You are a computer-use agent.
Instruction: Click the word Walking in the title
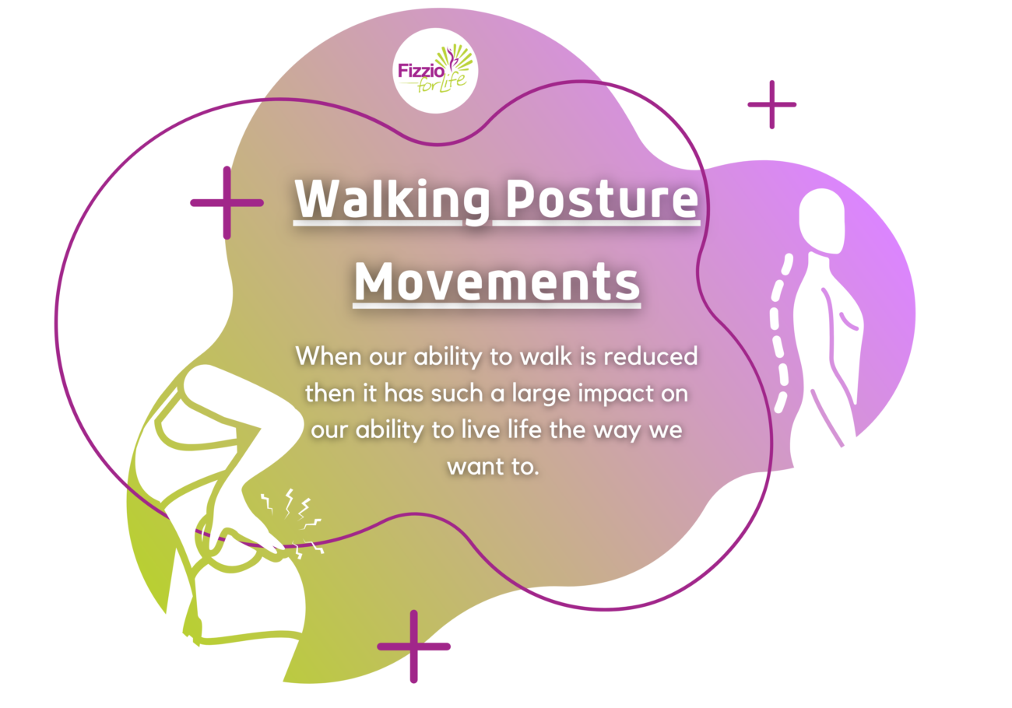coord(392,200)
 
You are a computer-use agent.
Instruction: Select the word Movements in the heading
coord(497,282)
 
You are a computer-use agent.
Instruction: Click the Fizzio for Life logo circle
coord(435,71)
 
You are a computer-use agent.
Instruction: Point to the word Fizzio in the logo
coord(421,71)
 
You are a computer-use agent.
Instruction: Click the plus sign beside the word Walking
coord(227,203)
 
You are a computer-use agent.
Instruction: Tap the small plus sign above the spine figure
coord(771,105)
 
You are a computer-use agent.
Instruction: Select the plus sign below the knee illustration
coord(414,646)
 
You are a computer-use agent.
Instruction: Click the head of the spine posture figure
coord(822,221)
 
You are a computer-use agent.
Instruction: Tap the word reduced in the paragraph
coord(651,356)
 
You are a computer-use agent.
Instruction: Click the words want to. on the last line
coord(493,467)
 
